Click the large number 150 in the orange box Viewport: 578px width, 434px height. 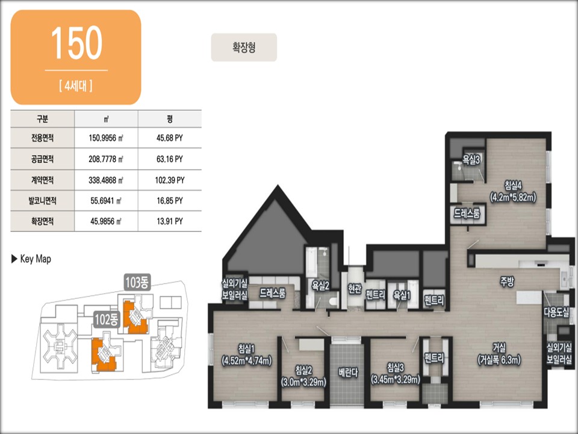76,43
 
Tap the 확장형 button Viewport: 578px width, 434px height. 244,47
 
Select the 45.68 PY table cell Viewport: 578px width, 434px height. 170,138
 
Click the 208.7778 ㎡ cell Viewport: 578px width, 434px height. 106,159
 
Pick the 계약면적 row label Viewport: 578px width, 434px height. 42,180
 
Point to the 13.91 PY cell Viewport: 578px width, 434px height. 170,221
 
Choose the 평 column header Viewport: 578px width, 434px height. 170,119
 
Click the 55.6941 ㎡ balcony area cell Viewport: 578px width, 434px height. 106,201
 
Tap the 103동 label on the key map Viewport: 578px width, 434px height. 137,282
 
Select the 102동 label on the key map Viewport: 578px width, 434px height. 107,319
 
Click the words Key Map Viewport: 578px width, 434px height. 36,259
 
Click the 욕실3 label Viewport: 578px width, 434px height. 471,160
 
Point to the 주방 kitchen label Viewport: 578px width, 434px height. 507,282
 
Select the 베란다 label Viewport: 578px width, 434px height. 348,373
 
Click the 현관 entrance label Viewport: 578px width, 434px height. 355,288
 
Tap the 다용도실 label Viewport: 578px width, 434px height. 556,312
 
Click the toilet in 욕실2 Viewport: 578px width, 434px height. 333,301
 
